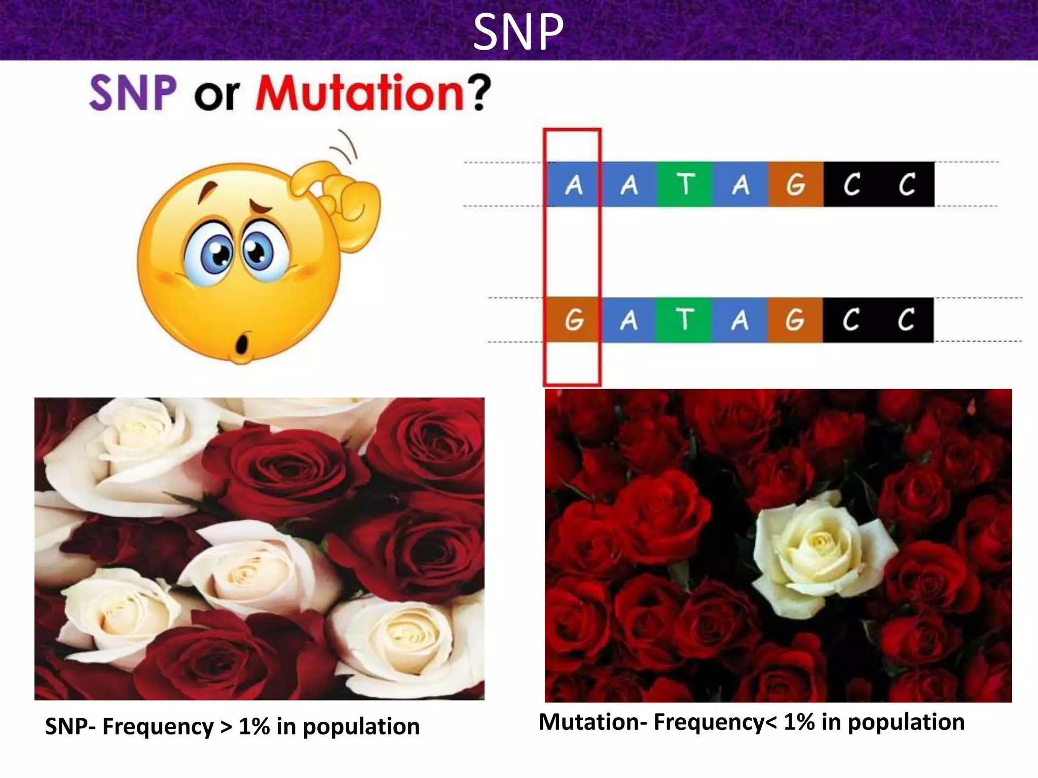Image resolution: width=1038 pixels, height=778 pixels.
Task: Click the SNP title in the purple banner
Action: click(x=518, y=31)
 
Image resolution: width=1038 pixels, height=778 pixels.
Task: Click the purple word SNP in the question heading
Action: click(x=133, y=93)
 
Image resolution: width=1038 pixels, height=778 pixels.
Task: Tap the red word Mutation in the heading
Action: click(x=359, y=93)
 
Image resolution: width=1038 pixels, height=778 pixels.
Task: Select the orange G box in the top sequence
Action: click(x=795, y=184)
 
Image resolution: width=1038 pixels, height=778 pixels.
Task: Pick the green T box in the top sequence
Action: click(x=685, y=184)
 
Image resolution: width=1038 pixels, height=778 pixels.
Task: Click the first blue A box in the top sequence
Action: click(x=573, y=184)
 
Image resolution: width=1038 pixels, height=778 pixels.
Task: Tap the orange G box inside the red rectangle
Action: click(x=573, y=320)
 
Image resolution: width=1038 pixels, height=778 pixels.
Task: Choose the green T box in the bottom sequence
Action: click(x=684, y=320)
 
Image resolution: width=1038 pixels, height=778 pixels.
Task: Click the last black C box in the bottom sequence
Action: click(x=906, y=320)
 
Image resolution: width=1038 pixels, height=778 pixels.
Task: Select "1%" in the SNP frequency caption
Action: click(x=254, y=726)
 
